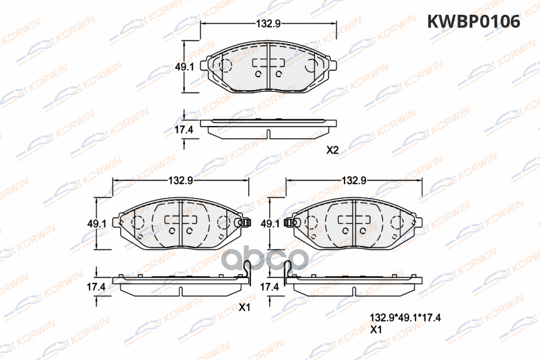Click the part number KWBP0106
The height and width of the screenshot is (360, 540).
click(474, 22)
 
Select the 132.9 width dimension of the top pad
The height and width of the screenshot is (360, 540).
click(268, 24)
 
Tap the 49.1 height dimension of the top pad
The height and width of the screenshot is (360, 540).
click(184, 67)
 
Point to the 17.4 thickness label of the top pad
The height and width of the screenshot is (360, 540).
click(184, 130)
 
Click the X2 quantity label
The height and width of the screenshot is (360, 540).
click(333, 150)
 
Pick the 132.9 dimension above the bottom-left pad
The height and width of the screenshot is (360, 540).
click(180, 180)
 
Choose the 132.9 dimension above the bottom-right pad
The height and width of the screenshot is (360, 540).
click(354, 180)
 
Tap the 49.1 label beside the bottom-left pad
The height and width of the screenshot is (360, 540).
click(97, 224)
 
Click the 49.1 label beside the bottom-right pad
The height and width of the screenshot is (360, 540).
click(270, 224)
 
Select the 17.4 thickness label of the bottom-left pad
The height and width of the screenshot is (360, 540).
click(96, 287)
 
